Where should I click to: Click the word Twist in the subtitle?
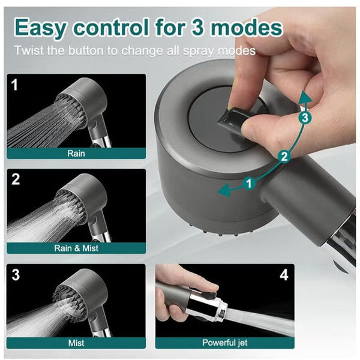[x=29, y=50]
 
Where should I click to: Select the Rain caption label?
[x=76, y=154]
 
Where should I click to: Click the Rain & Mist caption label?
[x=76, y=248]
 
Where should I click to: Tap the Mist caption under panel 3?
[x=76, y=343]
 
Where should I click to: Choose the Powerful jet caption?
[x=225, y=343]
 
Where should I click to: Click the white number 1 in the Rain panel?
[x=14, y=85]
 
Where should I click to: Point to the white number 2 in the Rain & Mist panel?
[x=16, y=179]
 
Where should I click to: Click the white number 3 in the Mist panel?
[x=16, y=275]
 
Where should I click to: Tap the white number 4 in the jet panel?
[x=284, y=275]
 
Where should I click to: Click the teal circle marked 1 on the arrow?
[x=250, y=183]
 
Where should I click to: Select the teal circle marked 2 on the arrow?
[x=284, y=157]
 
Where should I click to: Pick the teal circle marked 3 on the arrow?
[x=305, y=118]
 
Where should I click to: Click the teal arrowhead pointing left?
[x=224, y=190]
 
